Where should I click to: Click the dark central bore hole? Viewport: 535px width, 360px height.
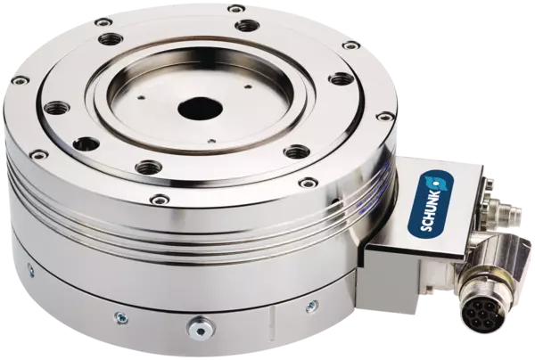click(x=200, y=110)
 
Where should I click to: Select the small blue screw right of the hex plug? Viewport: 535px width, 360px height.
click(x=311, y=306)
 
